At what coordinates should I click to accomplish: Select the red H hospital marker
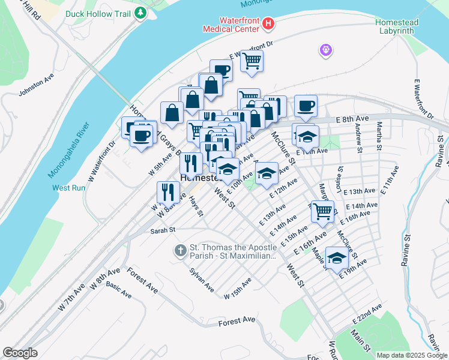pos(268,24)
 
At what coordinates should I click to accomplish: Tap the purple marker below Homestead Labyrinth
pos(326,50)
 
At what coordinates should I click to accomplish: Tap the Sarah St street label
pos(162,230)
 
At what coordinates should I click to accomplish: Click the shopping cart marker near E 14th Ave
pos(323,211)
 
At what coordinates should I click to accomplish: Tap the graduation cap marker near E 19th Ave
pos(337,258)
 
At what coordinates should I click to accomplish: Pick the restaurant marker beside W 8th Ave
pos(167,192)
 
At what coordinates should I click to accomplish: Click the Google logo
pos(20,353)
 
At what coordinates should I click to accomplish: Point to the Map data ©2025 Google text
pos(411,355)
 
